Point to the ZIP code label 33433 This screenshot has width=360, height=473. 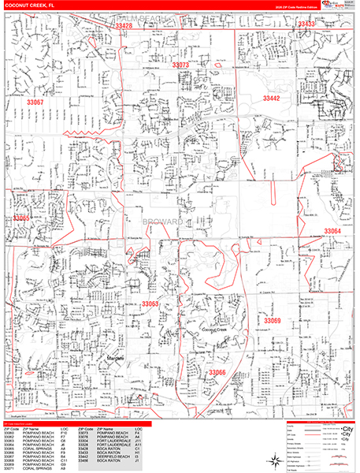(306, 24)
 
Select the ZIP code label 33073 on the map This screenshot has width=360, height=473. (180, 65)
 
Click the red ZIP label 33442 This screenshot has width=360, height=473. (271, 99)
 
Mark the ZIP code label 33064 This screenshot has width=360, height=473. (332, 231)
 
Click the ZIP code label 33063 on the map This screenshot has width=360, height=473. (150, 304)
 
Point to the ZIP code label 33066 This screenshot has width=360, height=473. (217, 372)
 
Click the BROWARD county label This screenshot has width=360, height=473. (163, 223)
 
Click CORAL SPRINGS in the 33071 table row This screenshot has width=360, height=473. (36, 468)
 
